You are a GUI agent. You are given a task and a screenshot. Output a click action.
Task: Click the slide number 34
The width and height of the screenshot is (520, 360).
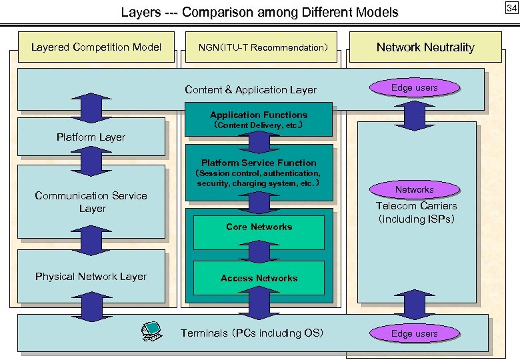click(x=511, y=8)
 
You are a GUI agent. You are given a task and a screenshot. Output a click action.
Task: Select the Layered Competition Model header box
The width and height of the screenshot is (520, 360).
click(x=97, y=47)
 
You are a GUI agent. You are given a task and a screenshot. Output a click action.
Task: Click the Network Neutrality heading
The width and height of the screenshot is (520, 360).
click(x=425, y=47)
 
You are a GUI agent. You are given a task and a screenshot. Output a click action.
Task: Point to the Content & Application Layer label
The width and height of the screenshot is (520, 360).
click(x=251, y=90)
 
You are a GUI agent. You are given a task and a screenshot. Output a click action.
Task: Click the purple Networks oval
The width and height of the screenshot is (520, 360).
click(x=414, y=190)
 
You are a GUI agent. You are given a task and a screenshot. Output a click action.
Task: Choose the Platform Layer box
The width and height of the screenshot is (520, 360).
click(x=91, y=137)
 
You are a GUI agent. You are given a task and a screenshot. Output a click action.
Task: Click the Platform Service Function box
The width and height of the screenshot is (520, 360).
click(x=259, y=173)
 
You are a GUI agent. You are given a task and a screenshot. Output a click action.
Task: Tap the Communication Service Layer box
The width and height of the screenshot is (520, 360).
click(x=91, y=201)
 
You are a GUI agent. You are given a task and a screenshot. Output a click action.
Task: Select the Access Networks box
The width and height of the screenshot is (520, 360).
click(x=259, y=278)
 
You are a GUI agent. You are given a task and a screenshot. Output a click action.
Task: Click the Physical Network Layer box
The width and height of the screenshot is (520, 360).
click(x=91, y=276)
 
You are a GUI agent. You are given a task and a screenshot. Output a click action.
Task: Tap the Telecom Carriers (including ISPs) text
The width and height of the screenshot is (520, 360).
click(x=417, y=213)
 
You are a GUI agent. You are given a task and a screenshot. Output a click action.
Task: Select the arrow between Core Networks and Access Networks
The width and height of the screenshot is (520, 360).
click(x=259, y=253)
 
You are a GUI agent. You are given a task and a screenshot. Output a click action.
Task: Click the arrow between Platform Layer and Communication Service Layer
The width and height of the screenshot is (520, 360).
click(x=85, y=160)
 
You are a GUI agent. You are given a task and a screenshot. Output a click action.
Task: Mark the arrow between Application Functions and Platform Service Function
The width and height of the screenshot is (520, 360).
click(x=259, y=141)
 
